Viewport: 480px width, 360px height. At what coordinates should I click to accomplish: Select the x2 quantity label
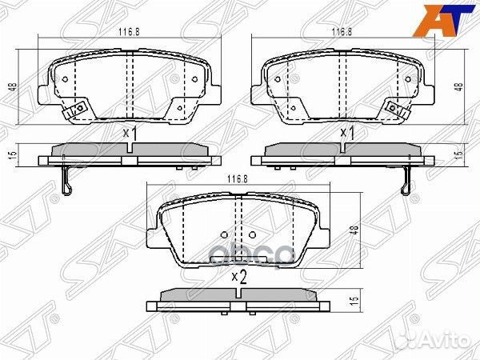coord(237,277)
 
